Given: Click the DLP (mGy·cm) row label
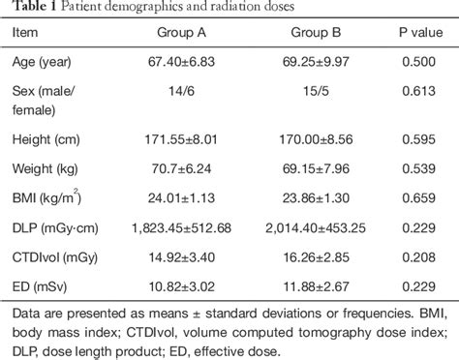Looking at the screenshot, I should point(56,227).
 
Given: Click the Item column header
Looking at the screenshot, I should point(26,34).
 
